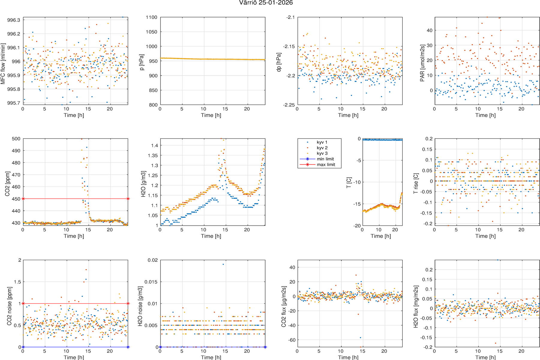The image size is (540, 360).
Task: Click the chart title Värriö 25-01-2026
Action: [266, 3]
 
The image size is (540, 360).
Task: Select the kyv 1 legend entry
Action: [322, 142]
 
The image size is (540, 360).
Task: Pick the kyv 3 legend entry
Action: [322, 153]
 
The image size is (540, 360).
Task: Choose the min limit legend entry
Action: [325, 159]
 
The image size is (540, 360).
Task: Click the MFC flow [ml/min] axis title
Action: [3, 64]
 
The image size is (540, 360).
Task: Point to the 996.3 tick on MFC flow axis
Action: [14, 20]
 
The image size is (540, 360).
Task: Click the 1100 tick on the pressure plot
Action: [151, 17]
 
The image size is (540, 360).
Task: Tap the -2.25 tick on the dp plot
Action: [289, 105]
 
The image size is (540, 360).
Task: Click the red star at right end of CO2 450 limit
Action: [128, 199]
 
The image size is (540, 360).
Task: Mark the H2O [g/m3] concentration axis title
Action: [143, 184]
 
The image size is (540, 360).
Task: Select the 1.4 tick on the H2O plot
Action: [154, 145]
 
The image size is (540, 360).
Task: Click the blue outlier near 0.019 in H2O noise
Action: [223, 264]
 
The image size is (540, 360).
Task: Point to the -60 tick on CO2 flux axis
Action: [291, 340]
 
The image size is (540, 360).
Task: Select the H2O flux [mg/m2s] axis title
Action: [416, 307]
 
